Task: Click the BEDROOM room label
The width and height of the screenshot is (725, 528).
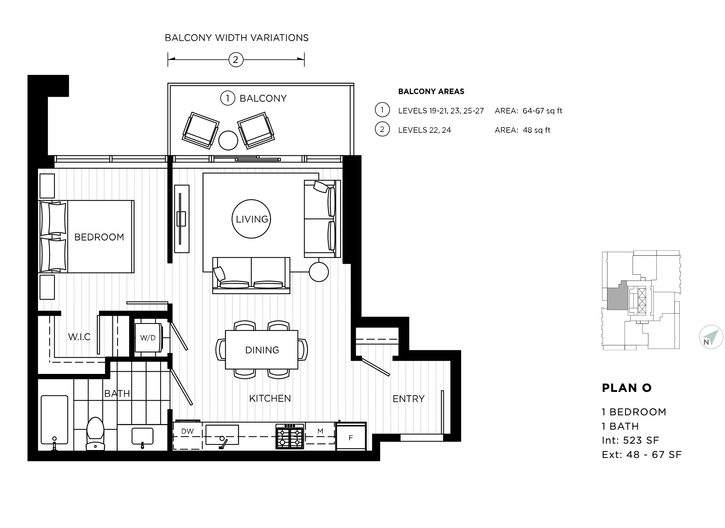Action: click(x=99, y=237)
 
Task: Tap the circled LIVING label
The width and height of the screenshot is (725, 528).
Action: click(x=252, y=219)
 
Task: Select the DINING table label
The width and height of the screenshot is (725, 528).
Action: click(x=262, y=350)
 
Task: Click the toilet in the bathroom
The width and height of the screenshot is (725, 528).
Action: click(x=96, y=434)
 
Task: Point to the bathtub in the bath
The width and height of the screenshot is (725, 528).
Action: click(x=55, y=420)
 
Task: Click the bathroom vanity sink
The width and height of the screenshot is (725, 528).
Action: click(x=142, y=437)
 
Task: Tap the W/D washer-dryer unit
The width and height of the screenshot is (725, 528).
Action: click(x=148, y=337)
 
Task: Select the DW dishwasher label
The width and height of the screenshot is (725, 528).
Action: click(x=187, y=431)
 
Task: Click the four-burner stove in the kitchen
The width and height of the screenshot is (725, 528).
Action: click(x=290, y=437)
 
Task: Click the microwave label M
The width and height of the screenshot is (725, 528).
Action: click(x=320, y=431)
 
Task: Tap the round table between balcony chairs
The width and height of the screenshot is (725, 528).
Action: click(x=228, y=140)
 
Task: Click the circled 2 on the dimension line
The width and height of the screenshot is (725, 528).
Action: click(x=235, y=60)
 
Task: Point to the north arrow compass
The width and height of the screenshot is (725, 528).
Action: click(x=711, y=337)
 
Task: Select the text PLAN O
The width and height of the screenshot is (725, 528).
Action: click(x=627, y=388)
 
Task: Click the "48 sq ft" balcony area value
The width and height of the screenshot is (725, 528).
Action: click(x=537, y=130)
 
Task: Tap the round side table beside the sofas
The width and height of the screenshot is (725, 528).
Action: click(x=319, y=272)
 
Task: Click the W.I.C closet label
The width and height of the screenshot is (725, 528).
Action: click(x=79, y=336)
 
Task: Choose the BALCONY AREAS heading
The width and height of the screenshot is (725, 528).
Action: click(x=431, y=91)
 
